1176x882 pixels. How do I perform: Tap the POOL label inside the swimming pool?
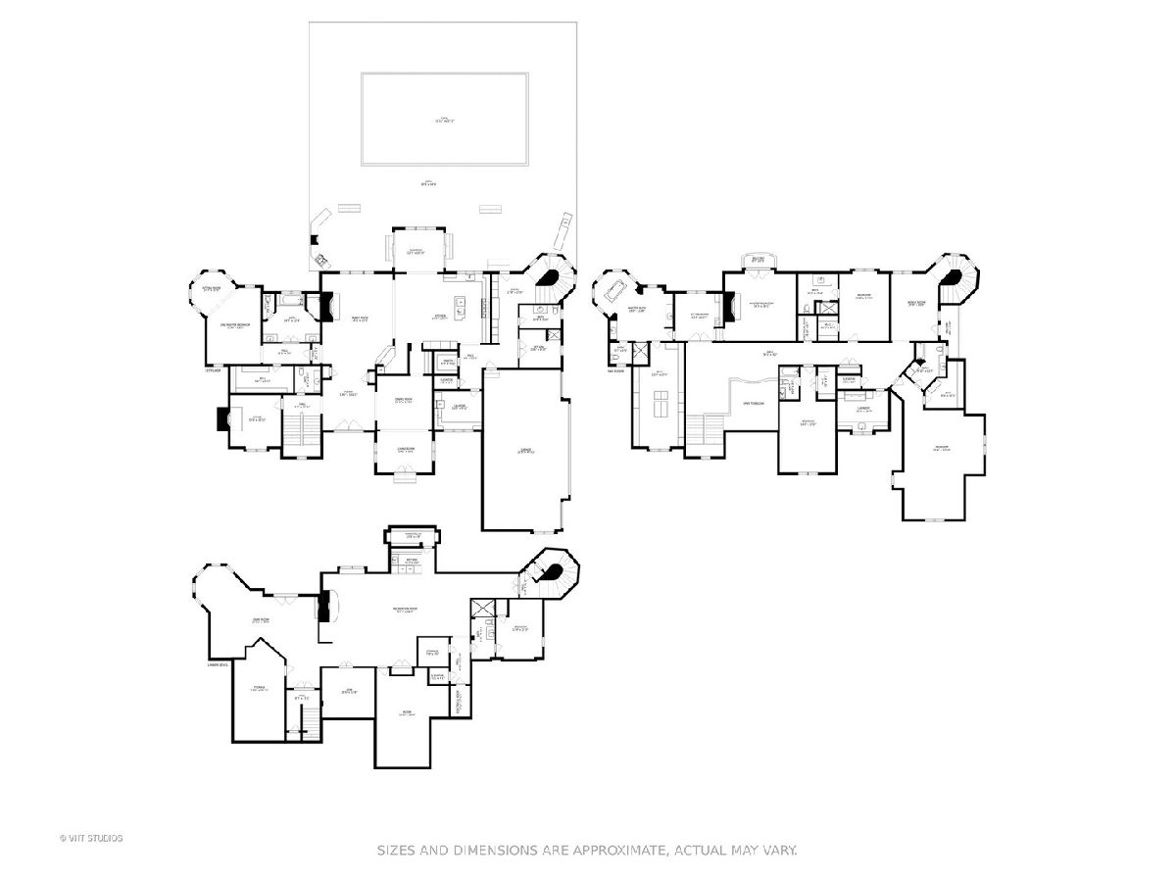pos(445,120)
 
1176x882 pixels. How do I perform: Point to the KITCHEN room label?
pos(441,317)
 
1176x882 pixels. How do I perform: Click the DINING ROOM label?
pos(402,401)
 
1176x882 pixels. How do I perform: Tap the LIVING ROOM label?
pos(403,449)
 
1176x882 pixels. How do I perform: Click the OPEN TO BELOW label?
pos(753,403)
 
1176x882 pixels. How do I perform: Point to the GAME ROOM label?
pos(261,619)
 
